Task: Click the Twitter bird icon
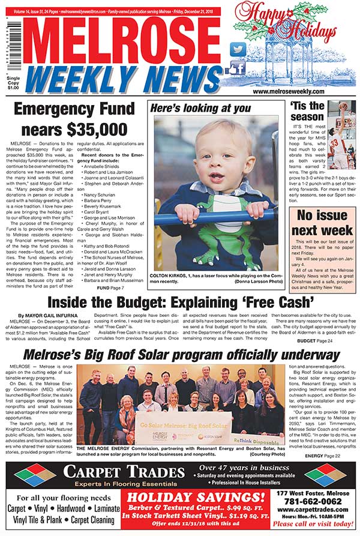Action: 238,50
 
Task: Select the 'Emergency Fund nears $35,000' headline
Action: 66,118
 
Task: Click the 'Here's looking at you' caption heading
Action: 200,108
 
